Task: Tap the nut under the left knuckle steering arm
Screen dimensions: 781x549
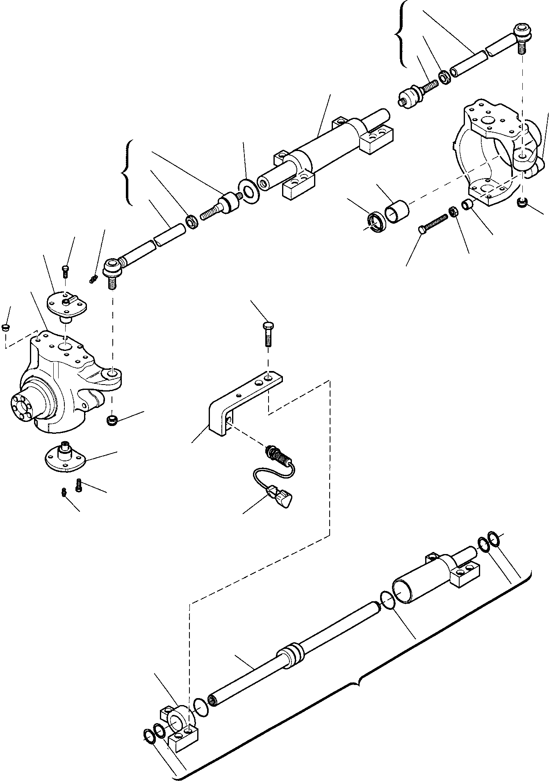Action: click(x=112, y=420)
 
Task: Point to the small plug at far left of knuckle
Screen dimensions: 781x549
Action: click(x=6, y=327)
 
